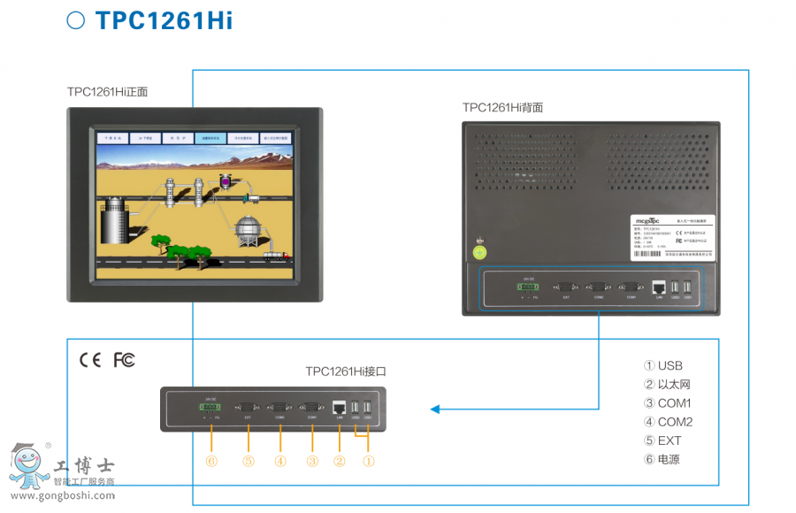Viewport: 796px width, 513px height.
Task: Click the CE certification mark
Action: pyautogui.click(x=90, y=360)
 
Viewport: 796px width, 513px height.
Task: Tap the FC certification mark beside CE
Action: pyautogui.click(x=125, y=360)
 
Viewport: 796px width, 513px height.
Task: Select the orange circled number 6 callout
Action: pyautogui.click(x=210, y=460)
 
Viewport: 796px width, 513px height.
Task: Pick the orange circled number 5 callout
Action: pyautogui.click(x=249, y=460)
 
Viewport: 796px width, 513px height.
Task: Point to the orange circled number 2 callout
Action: pyautogui.click(x=339, y=460)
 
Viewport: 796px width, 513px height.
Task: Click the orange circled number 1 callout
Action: pyautogui.click(x=369, y=460)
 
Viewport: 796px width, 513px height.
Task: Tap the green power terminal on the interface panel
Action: pyautogui.click(x=210, y=408)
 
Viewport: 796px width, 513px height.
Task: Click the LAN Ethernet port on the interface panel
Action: pyautogui.click(x=339, y=408)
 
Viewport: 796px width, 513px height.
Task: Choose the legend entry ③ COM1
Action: pyautogui.click(x=668, y=403)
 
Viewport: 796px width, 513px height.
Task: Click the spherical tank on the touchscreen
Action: pyautogui.click(x=248, y=232)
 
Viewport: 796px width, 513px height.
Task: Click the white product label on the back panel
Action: pyautogui.click(x=672, y=237)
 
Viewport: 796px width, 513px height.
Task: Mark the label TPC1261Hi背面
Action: pyautogui.click(x=502, y=108)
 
